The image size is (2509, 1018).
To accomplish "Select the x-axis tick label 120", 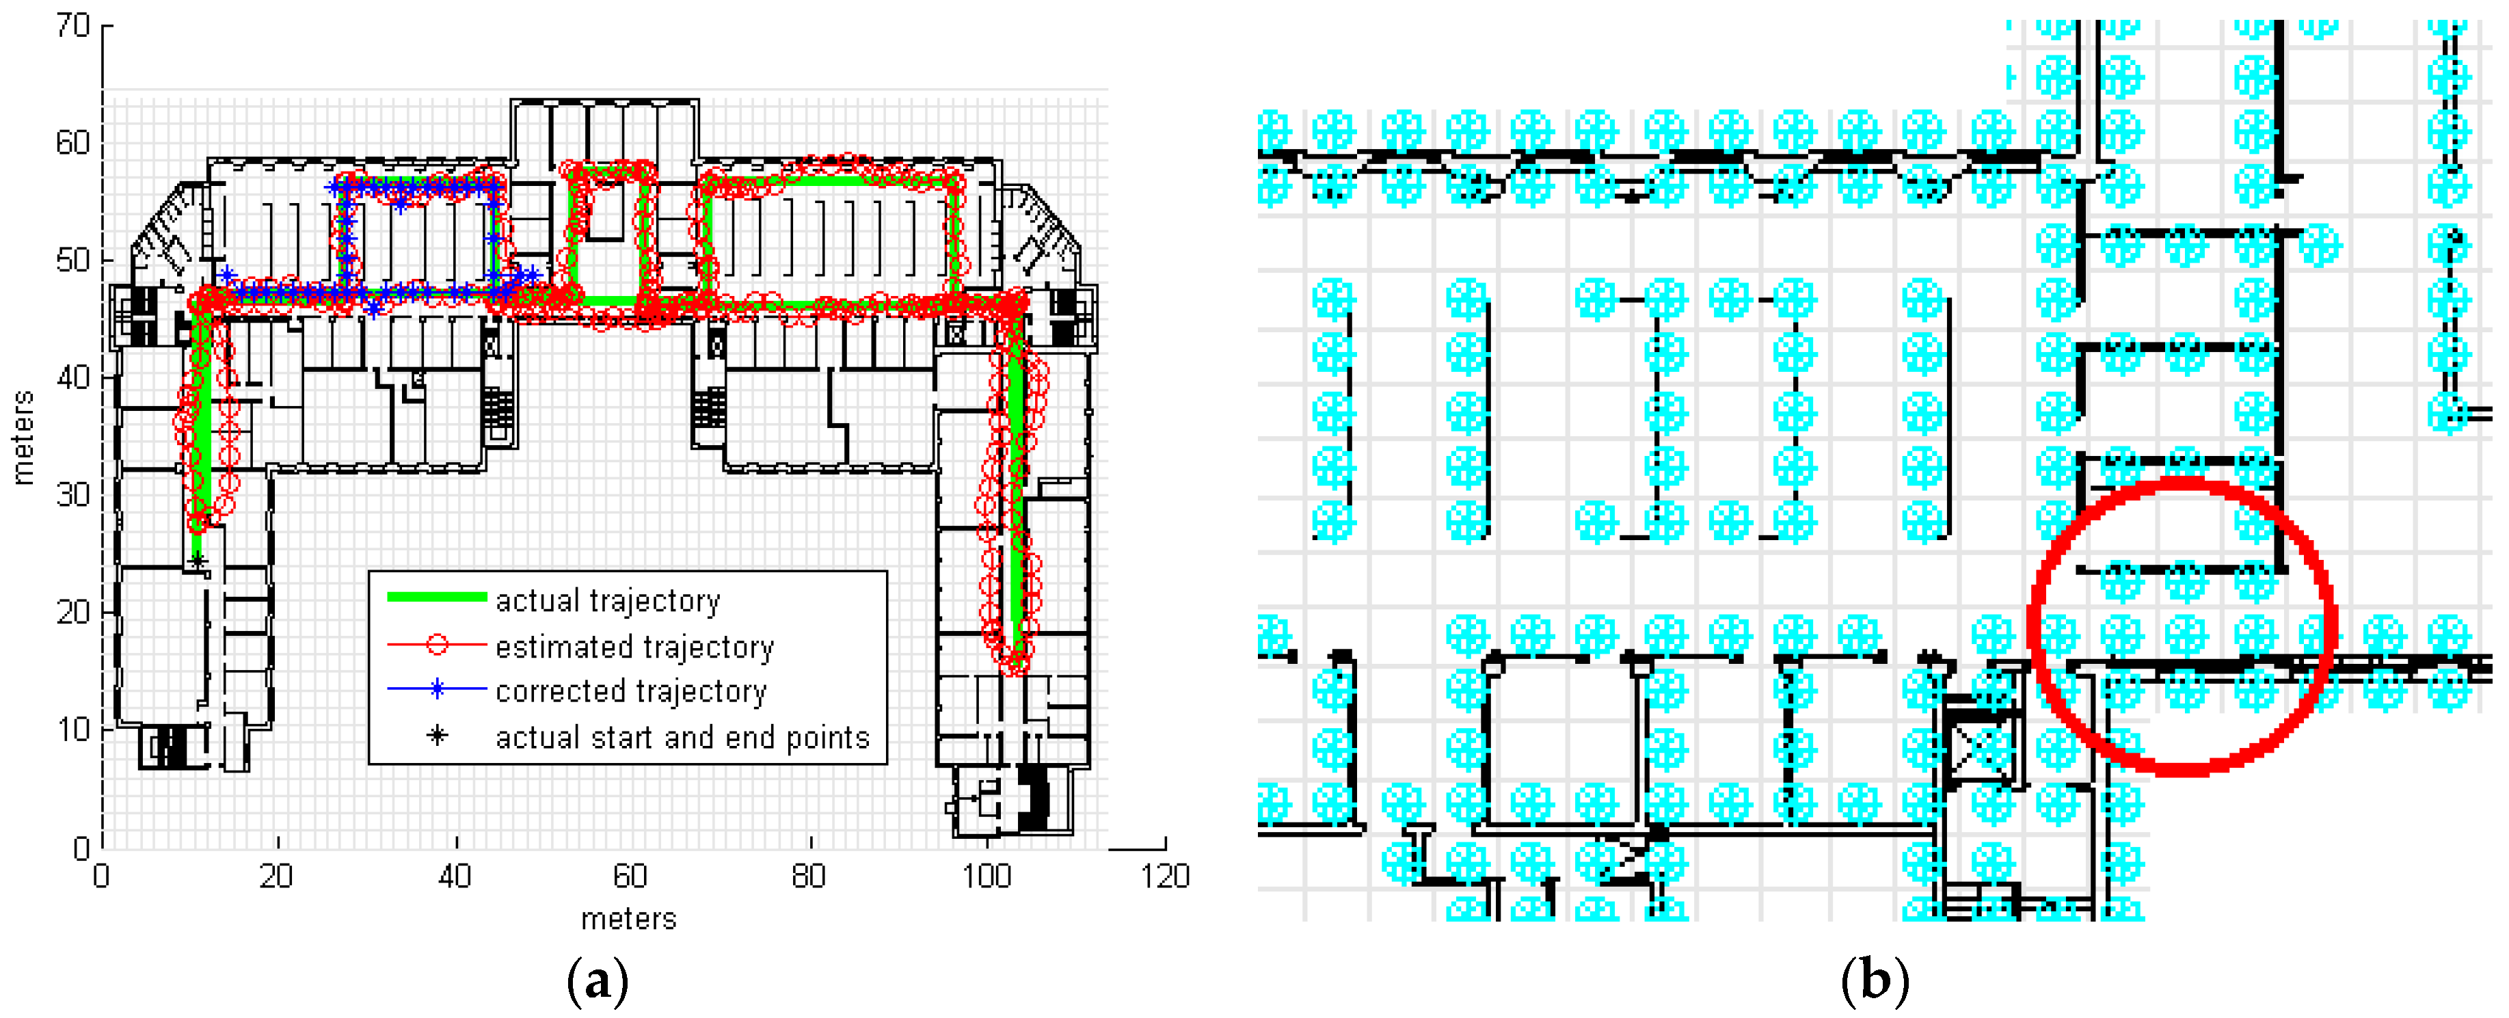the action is (x=1165, y=876).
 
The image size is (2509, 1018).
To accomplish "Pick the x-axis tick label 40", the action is (x=455, y=876).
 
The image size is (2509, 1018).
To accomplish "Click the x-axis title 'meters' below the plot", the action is (x=628, y=919).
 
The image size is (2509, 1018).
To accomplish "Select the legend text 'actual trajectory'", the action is (x=608, y=600).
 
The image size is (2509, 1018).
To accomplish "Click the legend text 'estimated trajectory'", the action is (x=634, y=646).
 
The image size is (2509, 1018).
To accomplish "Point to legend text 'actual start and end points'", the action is (x=682, y=738).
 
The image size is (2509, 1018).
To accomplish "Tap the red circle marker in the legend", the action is (x=438, y=644).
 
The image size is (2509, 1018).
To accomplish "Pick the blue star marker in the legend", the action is (x=438, y=688).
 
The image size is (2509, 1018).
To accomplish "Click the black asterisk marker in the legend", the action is (x=438, y=736).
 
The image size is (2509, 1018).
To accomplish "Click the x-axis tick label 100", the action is (x=987, y=876).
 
